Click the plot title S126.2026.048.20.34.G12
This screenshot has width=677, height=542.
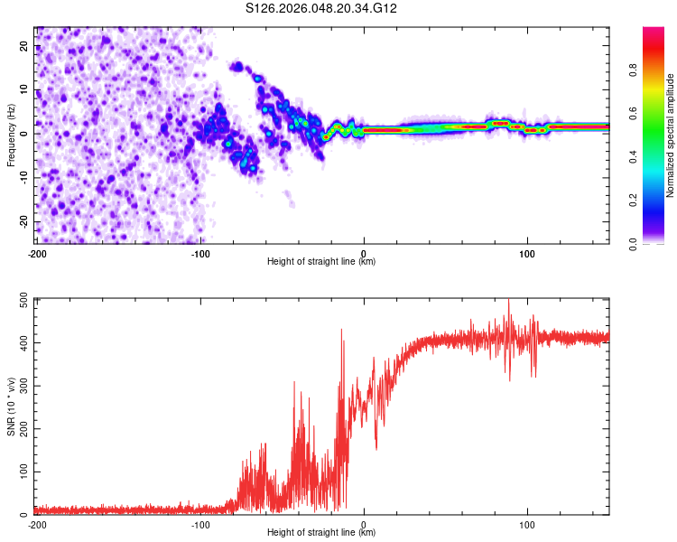(322, 9)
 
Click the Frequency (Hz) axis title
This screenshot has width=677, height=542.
(11, 135)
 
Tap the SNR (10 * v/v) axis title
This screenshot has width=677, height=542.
(11, 406)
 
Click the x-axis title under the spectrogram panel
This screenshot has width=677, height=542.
(322, 262)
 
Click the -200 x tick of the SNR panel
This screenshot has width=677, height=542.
(37, 524)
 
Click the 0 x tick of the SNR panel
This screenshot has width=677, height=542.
(364, 524)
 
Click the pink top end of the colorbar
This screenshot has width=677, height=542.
(654, 32)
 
